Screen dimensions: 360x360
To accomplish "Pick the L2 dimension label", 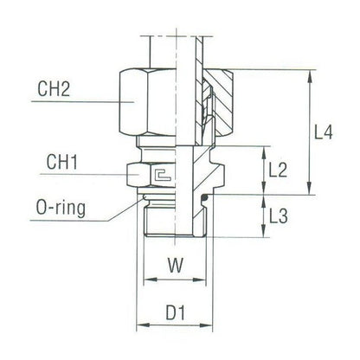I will (x=278, y=171).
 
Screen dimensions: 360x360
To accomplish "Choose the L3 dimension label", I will (x=278, y=217).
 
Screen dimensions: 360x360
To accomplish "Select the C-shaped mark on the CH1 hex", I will (x=159, y=177).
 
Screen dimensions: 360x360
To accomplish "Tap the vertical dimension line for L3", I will (x=262, y=217).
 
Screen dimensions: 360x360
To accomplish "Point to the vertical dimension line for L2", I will (x=262, y=171).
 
